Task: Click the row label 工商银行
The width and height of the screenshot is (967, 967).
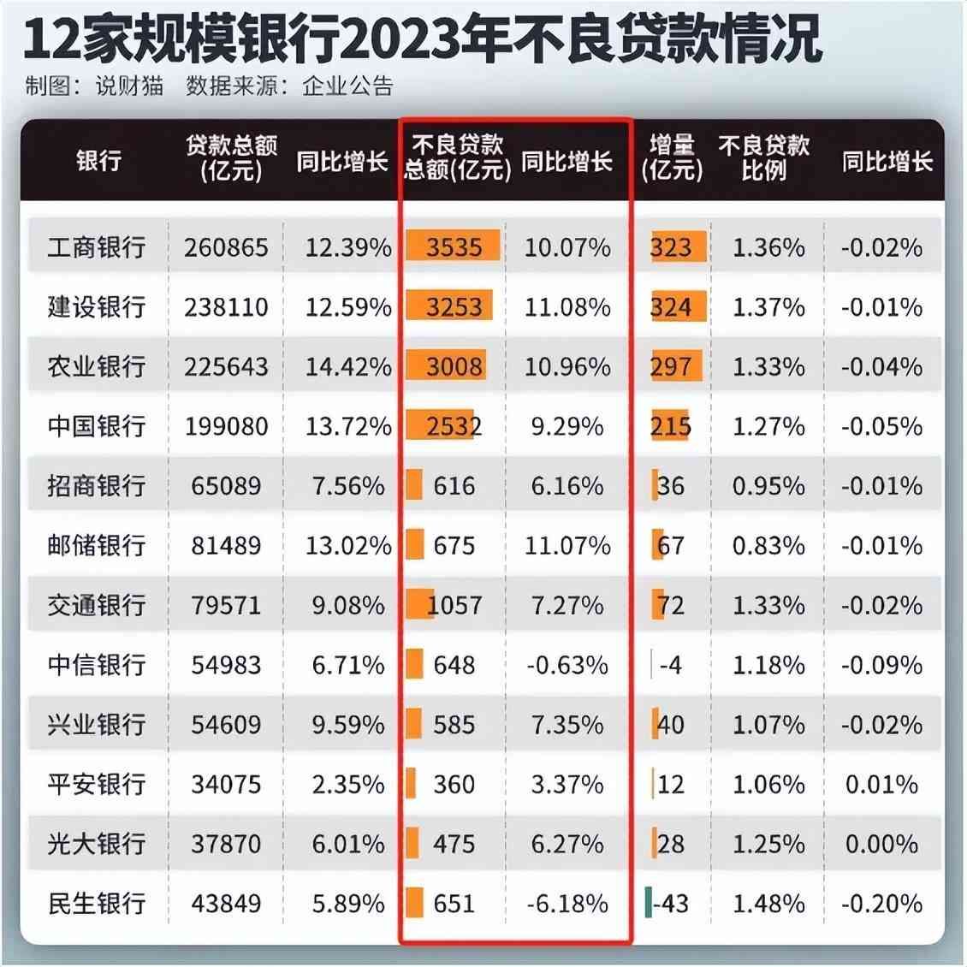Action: coord(96,248)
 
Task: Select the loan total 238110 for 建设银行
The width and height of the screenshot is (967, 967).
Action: coord(226,307)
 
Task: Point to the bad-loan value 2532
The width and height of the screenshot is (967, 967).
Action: coord(454,426)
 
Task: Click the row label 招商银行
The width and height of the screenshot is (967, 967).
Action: coord(96,486)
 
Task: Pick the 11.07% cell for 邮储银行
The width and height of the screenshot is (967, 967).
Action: coord(567,546)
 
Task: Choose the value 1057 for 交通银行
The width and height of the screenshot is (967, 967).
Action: coord(454,606)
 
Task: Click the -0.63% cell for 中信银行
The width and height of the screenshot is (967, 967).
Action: coord(567,665)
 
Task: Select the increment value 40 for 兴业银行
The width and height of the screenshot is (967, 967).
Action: coord(670,725)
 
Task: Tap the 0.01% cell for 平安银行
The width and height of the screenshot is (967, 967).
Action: coord(881,785)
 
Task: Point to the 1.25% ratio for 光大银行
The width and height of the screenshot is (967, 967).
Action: coord(768,845)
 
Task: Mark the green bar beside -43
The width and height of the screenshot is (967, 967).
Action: coord(648,904)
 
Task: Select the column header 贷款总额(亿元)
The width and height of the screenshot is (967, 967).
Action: coord(232,158)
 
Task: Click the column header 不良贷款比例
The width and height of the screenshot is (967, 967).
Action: coord(764,158)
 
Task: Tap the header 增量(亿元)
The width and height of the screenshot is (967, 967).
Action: coord(672,158)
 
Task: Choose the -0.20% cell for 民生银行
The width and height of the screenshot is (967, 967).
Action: coord(881,904)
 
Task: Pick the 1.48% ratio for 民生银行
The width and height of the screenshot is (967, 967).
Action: coord(768,904)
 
